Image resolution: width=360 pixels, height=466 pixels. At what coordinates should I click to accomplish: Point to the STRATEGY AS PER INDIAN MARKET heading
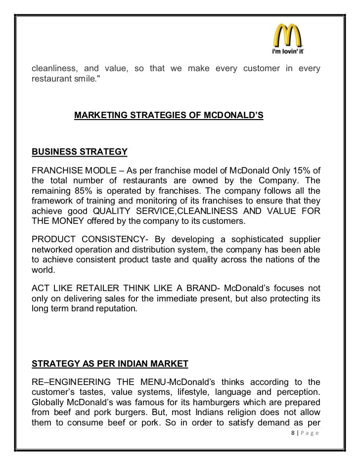(110, 364)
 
